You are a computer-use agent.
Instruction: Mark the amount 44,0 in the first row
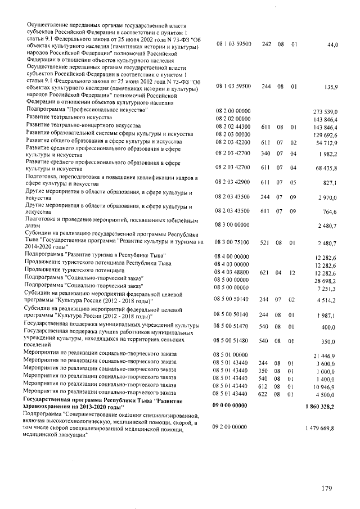pos(330,43)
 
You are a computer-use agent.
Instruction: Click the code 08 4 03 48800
pos(232,272)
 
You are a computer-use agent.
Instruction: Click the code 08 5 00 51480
pos(232,341)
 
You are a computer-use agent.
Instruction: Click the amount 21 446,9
pos(325,356)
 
